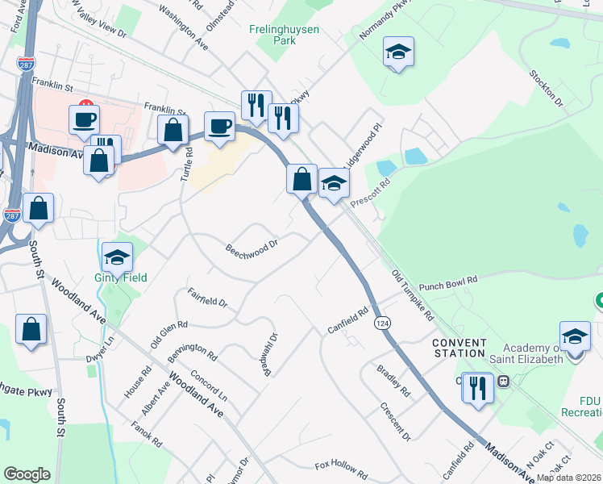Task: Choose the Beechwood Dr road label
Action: (x=252, y=244)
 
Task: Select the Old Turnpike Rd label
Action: (x=413, y=294)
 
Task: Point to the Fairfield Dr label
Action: (x=207, y=298)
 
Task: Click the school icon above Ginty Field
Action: (x=117, y=257)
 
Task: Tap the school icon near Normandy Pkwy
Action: (x=397, y=52)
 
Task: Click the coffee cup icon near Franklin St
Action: (x=84, y=119)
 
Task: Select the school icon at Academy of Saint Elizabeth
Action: (x=575, y=336)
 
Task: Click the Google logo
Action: (x=27, y=474)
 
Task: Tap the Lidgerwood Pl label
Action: (x=359, y=143)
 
